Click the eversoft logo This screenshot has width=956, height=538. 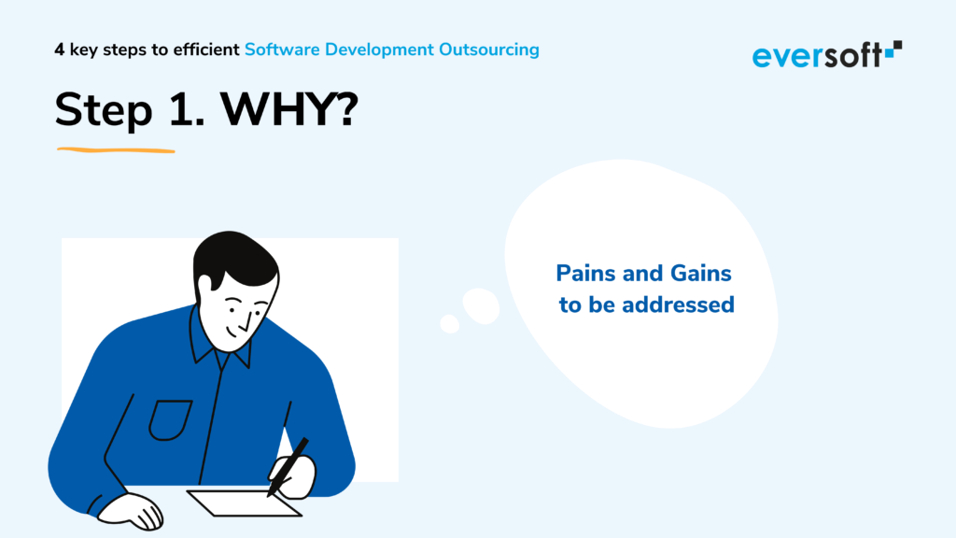pos(827,55)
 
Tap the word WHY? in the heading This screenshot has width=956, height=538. pos(289,110)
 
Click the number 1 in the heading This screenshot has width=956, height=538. pos(186,110)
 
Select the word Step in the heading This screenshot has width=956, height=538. pos(103,112)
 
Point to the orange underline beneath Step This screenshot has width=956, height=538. pos(116,150)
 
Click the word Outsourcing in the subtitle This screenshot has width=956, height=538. pos(489,50)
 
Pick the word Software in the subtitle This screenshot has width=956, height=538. pos(282,50)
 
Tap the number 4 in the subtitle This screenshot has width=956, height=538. pos(59,50)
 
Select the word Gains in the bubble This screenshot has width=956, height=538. pos(700,274)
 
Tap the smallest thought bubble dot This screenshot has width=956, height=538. pos(450,324)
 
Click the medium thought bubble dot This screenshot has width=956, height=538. pos(481,306)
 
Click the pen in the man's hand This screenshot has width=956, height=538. pos(288,467)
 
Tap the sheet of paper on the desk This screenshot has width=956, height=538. pos(244,503)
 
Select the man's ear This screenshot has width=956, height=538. pos(204,283)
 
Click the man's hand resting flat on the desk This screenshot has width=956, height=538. pos(131,511)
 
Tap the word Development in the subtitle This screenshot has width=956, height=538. pos(379,50)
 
